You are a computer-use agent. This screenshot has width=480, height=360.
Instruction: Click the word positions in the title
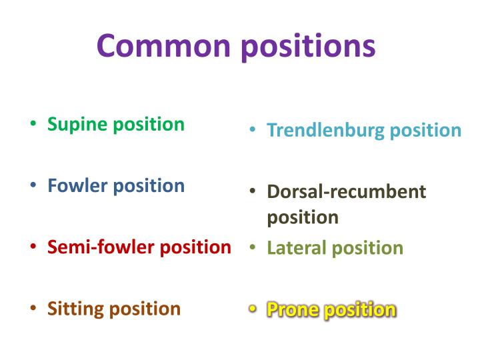tap(307, 47)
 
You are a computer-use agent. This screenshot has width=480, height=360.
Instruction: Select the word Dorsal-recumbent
tap(346, 192)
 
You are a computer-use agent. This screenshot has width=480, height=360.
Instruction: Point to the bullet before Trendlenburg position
tap(253, 130)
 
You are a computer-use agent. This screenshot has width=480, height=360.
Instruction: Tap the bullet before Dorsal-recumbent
tap(253, 192)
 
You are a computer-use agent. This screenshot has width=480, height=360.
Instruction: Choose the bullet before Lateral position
tap(253, 248)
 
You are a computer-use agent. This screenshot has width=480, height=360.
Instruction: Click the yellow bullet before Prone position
tap(253, 309)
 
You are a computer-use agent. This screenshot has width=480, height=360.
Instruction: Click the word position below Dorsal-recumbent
tap(303, 218)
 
